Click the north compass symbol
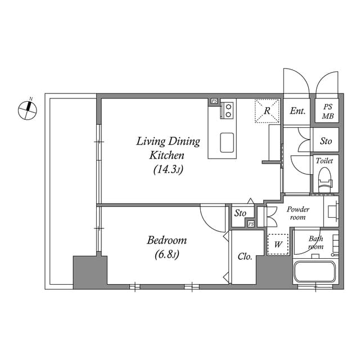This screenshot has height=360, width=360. [26, 109]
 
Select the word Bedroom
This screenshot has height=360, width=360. [166, 241]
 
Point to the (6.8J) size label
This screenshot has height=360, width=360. [166, 255]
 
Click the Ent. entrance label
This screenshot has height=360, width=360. [298, 111]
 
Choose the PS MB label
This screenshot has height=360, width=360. [327, 112]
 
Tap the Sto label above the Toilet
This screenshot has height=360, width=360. [326, 141]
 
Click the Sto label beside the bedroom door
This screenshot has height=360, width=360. [240, 213]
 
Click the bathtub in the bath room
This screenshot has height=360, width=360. [314, 273]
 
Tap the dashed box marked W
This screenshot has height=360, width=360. [277, 245]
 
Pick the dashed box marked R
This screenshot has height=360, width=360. [268, 110]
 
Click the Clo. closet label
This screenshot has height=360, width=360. [245, 256]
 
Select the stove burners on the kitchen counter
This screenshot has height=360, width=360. [228, 110]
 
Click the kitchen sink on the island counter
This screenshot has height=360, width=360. [228, 142]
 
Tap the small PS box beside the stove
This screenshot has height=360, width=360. [214, 101]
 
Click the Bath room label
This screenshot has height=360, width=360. [316, 242]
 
